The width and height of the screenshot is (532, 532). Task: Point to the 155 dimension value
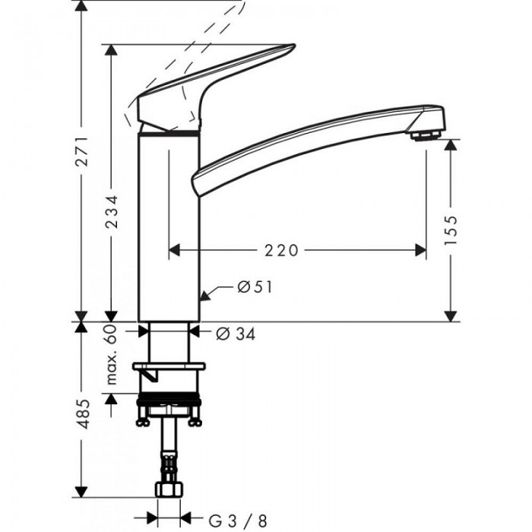[450, 229]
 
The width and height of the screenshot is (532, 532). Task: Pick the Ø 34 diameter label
[234, 332]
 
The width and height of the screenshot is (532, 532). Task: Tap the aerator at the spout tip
[426, 135]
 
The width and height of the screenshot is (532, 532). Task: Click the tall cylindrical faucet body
[169, 228]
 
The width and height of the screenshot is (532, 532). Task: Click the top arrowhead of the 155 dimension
[450, 144]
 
